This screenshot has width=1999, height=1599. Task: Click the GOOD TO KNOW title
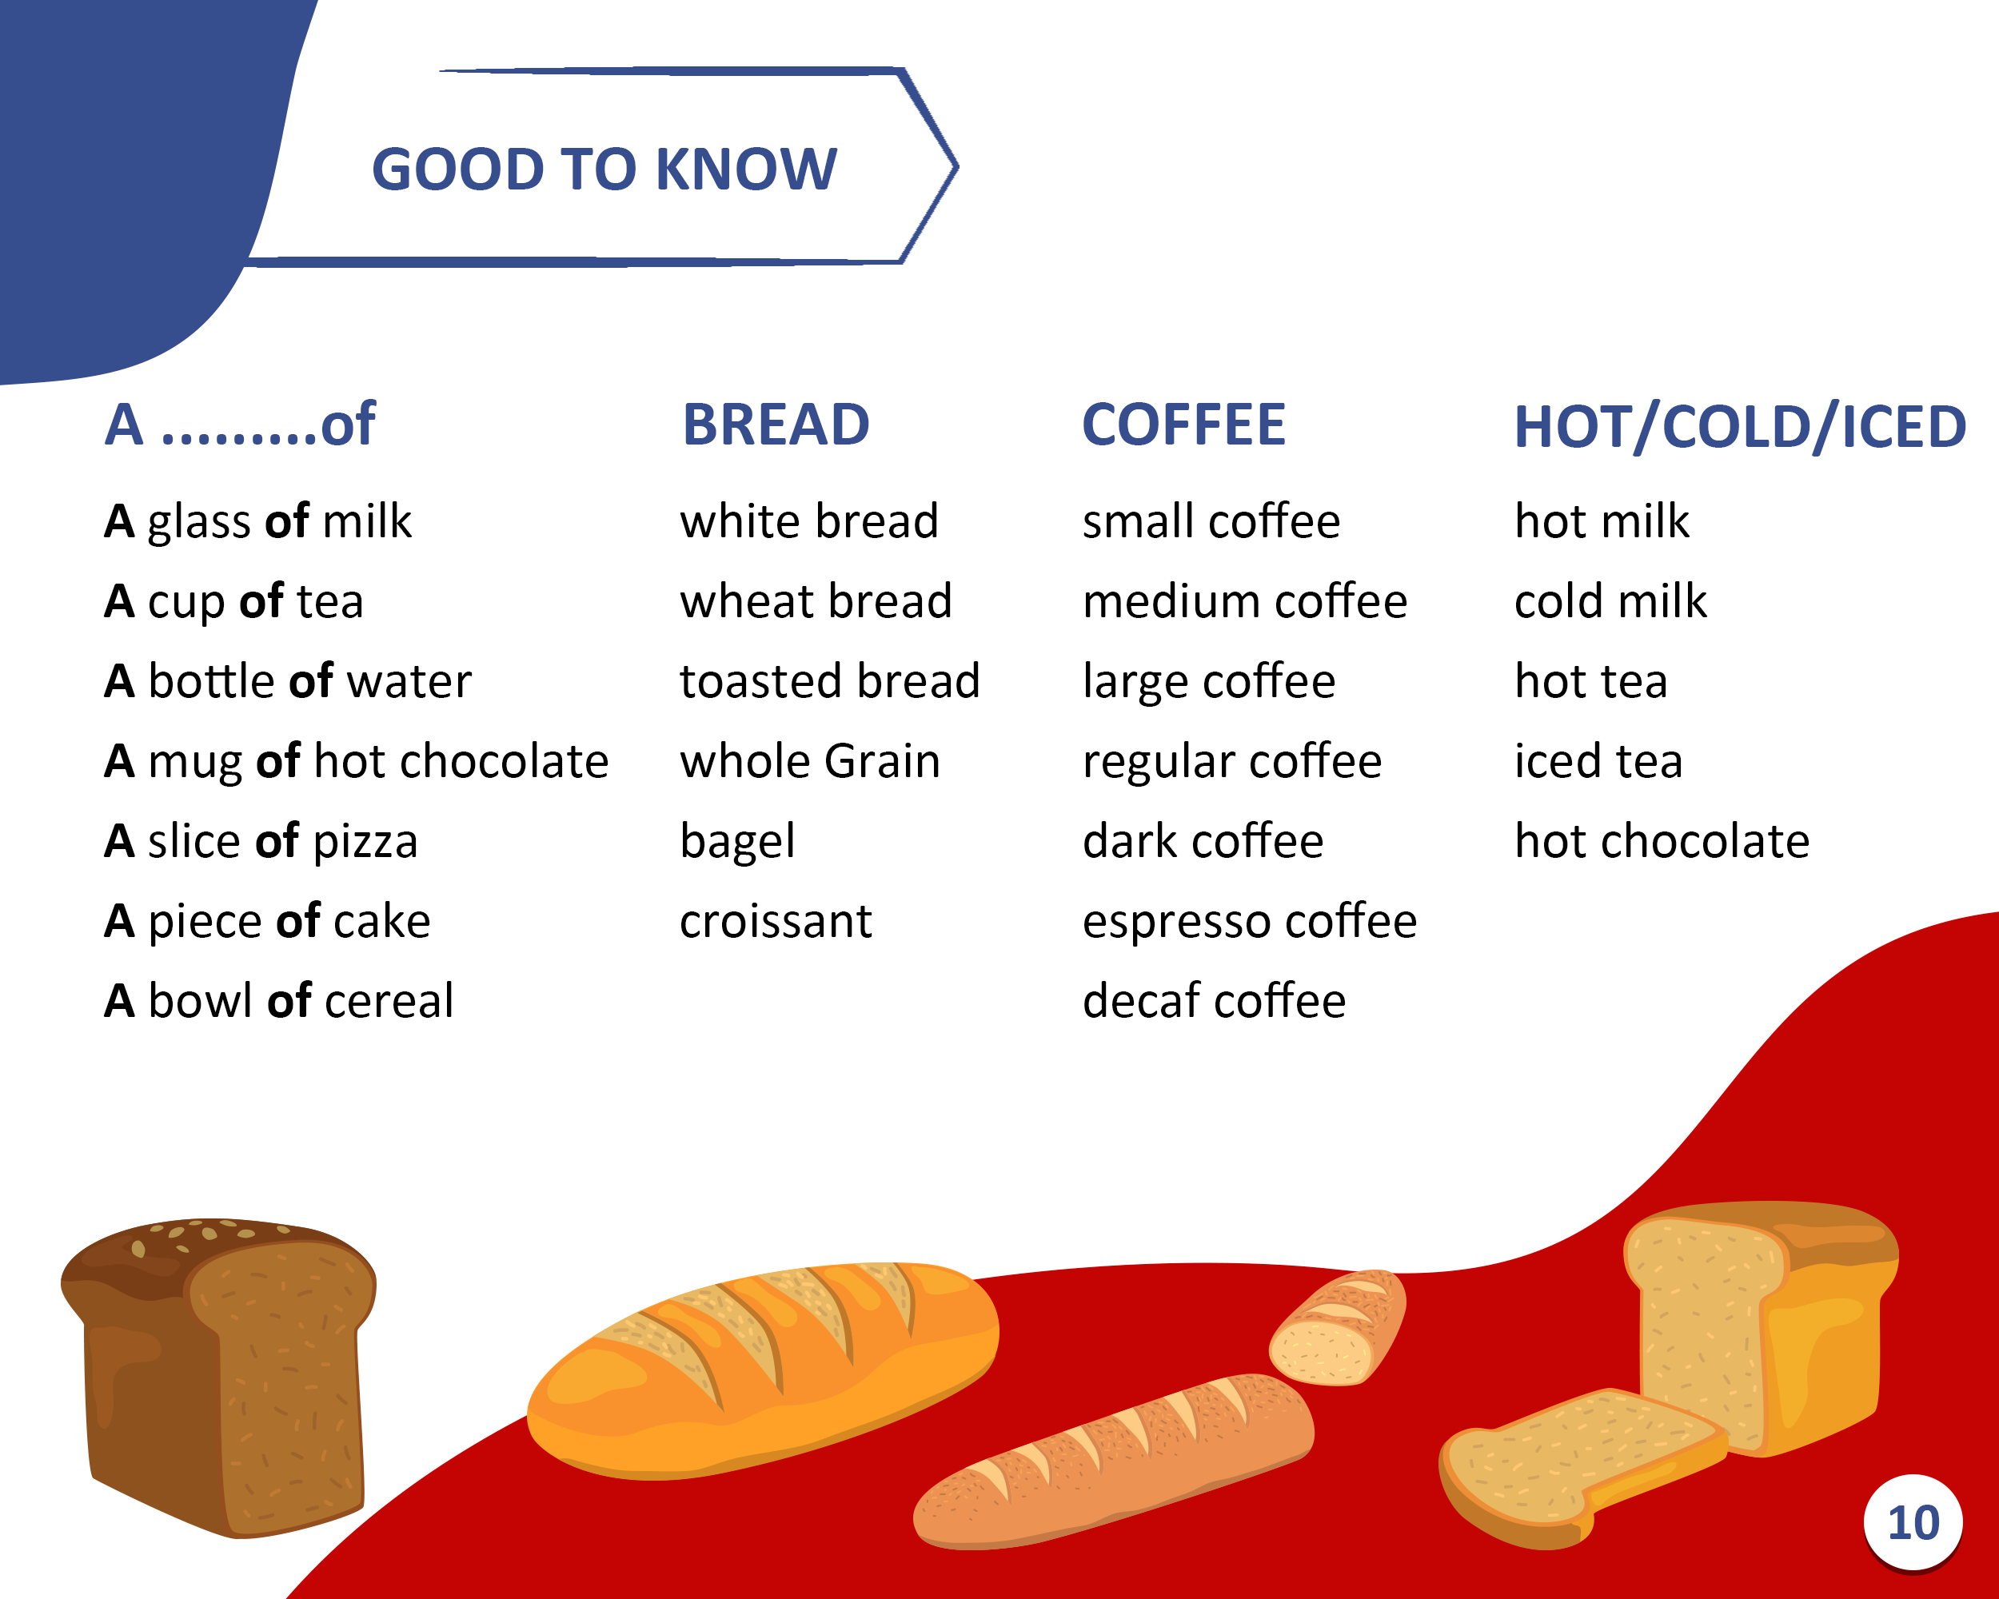pos(604,169)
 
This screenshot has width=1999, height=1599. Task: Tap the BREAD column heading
pos(776,425)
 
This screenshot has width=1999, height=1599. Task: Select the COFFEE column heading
pos(1184,425)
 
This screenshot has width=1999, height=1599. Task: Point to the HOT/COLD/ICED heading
pos(1739,426)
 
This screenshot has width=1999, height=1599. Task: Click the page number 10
pos(1913,1523)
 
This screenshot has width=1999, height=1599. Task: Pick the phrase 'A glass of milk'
pos(257,521)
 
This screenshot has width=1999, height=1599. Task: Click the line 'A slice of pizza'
pos(261,842)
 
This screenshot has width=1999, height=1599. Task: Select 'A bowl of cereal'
pos(279,1001)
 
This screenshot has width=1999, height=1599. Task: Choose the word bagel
pos(737,842)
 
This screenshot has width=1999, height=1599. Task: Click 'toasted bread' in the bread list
pos(830,681)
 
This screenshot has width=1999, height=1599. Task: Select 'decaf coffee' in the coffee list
pos(1215,1001)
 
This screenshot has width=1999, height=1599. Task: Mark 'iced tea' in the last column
pos(1598,761)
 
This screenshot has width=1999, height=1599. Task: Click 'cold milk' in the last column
pos(1610,600)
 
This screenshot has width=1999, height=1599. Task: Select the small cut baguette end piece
pos(1337,1327)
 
